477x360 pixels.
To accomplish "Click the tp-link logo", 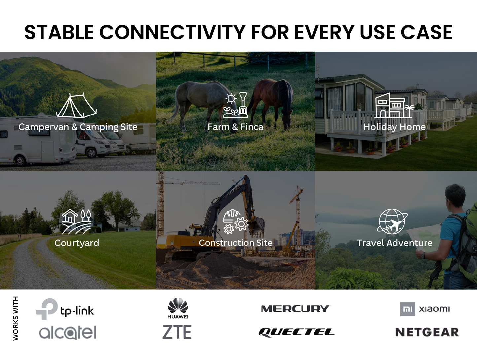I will click(65, 309).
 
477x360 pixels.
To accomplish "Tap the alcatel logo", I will click(68, 332).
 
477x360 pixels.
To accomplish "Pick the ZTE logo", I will click(177, 332).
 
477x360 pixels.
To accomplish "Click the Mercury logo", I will click(295, 309).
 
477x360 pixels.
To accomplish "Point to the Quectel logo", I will click(296, 332).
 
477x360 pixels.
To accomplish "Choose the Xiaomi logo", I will click(425, 309).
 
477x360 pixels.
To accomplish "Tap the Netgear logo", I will click(427, 332).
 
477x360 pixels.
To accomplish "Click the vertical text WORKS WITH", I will click(16, 318).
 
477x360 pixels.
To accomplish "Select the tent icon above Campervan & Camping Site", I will click(77, 106).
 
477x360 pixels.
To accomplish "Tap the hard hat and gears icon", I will click(235, 221).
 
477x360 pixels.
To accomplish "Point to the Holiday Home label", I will click(394, 127).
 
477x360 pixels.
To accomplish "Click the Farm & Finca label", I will click(235, 127).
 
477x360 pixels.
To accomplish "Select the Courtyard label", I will click(77, 243).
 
